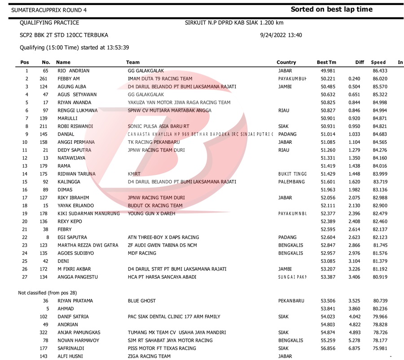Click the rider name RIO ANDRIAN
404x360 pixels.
point(74,71)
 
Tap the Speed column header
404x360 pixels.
point(378,62)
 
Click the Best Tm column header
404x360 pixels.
point(326,62)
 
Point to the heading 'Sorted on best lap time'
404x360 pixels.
point(331,9)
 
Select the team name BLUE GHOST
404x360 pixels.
point(142,301)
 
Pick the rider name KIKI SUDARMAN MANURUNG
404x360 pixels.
point(89,213)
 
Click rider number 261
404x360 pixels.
point(44,79)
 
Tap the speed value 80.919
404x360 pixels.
point(380,278)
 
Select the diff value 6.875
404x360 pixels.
point(354,348)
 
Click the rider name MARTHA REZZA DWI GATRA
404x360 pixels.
point(88,245)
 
